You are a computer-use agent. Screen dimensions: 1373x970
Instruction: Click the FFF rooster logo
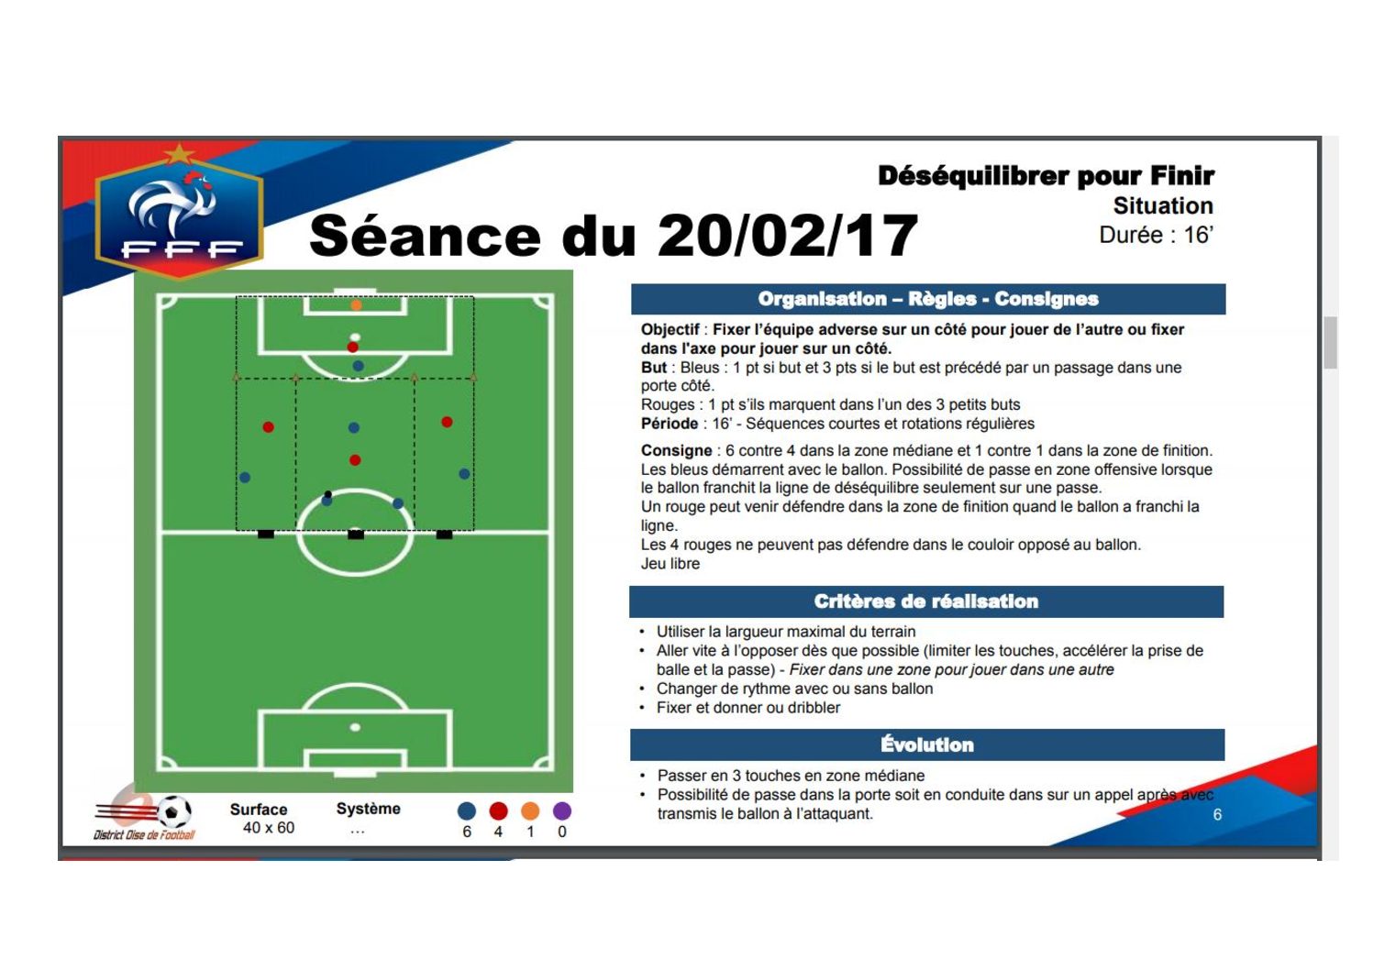point(180,212)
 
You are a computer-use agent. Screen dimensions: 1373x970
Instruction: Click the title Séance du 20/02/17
point(614,236)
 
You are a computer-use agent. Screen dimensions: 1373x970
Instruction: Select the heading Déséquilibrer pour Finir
point(1046,176)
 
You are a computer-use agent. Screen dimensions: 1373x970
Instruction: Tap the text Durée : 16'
point(1156,235)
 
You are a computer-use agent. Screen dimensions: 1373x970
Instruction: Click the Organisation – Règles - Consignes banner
point(928,299)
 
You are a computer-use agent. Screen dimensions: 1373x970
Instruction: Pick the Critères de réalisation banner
point(926,601)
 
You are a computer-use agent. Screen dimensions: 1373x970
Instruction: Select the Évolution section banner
point(927,744)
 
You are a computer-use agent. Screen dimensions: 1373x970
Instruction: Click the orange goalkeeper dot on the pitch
point(356,305)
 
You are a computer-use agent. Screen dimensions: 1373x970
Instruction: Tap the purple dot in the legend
point(562,811)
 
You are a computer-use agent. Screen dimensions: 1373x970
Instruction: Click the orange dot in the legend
point(530,811)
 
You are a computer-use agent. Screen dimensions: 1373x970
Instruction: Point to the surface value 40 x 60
point(269,828)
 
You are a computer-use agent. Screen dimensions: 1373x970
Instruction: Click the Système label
point(369,809)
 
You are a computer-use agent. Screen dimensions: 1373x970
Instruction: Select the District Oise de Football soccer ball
point(174,812)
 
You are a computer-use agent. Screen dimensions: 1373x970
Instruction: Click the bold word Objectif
point(670,330)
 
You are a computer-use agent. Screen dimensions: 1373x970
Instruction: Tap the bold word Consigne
point(676,451)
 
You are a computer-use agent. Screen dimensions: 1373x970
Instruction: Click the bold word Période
point(670,424)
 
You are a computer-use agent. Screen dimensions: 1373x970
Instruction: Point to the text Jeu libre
point(670,564)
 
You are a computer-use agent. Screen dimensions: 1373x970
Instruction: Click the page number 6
point(1217,814)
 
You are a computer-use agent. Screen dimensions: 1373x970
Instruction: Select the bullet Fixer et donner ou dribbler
point(747,708)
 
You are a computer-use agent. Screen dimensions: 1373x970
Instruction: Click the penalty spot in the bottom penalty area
point(355,727)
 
